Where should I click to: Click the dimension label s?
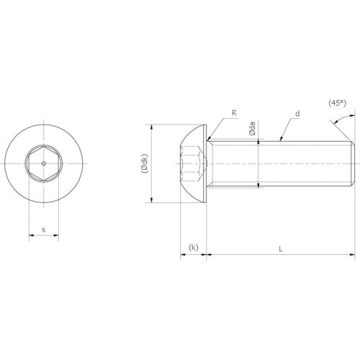43,230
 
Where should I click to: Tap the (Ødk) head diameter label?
145,163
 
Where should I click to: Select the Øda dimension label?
252,129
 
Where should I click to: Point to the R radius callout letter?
234,113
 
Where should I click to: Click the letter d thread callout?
297,113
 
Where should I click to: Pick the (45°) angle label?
338,103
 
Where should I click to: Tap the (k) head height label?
194,247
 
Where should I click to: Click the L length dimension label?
281,249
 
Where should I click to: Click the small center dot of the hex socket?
43,163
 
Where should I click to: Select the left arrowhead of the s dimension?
31,235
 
